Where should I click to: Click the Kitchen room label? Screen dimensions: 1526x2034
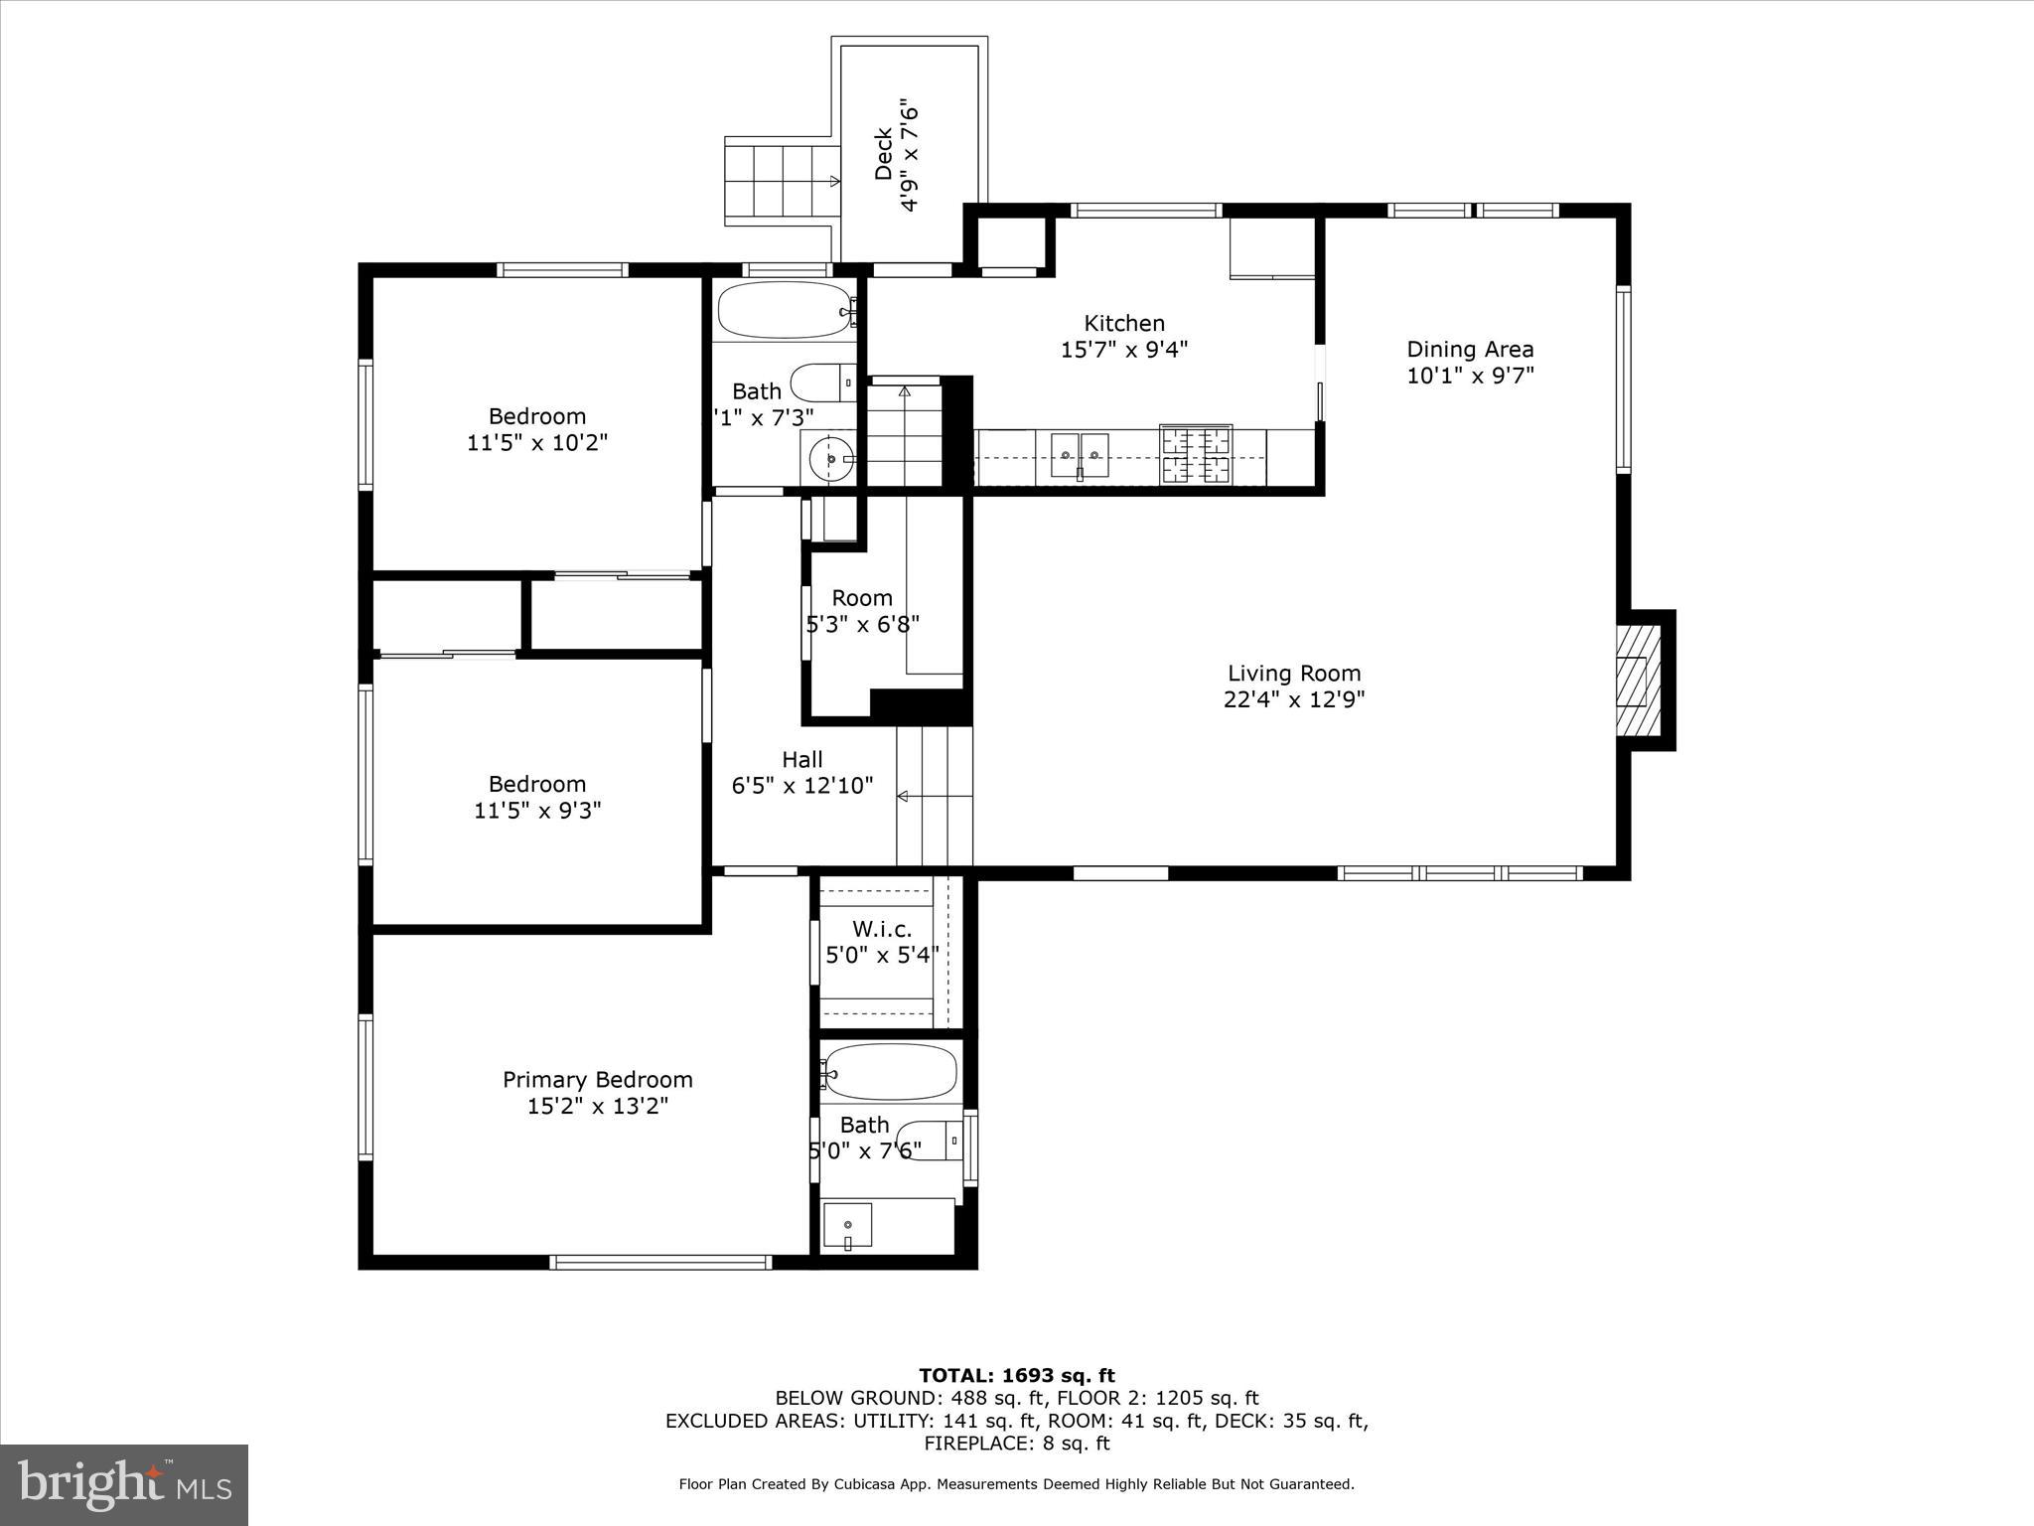click(1123, 324)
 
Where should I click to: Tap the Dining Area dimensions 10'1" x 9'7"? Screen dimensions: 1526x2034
click(1470, 376)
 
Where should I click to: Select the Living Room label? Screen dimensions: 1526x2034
click(1293, 674)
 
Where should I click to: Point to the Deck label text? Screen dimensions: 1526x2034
click(883, 154)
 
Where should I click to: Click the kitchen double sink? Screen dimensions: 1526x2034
click(1080, 456)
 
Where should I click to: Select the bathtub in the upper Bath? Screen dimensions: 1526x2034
click(785, 311)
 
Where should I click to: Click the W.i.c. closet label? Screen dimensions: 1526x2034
click(882, 930)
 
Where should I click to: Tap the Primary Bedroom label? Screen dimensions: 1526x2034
click(597, 1080)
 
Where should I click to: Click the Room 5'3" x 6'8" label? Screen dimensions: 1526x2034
click(861, 598)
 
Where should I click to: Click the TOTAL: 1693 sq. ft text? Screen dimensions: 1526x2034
click(1016, 1376)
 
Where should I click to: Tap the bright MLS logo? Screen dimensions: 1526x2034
click(124, 1484)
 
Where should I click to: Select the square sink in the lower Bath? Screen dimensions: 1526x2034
click(847, 1225)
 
